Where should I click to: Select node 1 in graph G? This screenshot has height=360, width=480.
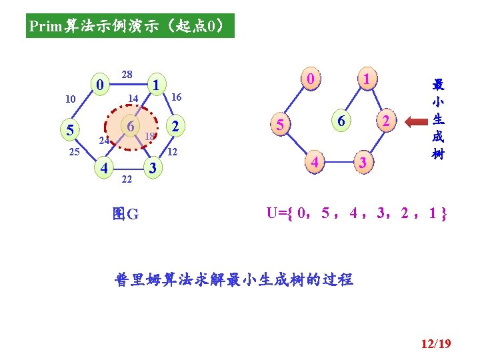[155, 85]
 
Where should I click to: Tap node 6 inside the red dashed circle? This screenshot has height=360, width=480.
[132, 127]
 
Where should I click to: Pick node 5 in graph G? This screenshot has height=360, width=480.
[69, 129]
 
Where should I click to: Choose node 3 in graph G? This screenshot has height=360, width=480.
[153, 167]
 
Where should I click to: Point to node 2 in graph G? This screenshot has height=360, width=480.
[175, 127]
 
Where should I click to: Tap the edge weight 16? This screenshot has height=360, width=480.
[176, 97]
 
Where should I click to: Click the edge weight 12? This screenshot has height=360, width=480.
[172, 153]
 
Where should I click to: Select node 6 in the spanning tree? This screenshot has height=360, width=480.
[341, 121]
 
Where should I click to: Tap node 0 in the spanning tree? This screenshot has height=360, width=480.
[310, 79]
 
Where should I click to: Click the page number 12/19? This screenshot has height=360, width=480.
[436, 344]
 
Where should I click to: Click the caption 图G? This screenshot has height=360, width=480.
[126, 214]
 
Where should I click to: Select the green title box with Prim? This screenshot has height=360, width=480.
[131, 27]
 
